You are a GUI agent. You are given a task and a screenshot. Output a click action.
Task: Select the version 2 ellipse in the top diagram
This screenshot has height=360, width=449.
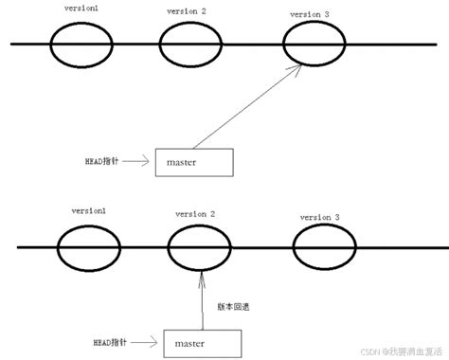(189, 44)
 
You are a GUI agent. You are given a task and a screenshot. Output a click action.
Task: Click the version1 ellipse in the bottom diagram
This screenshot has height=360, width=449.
(86, 248)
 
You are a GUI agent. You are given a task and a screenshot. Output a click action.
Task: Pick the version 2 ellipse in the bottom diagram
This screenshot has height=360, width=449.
(199, 249)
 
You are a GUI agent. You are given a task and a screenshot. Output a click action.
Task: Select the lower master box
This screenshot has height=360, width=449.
(202, 339)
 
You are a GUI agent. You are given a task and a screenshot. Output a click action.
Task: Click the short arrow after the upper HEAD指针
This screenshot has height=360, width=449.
(136, 162)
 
